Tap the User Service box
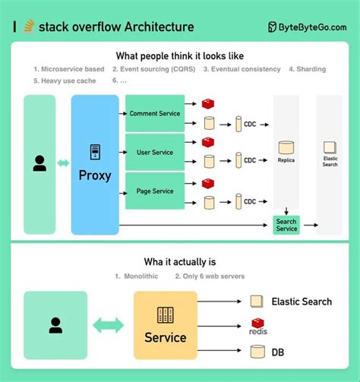click(154, 153)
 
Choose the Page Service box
click(154, 191)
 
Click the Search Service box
click(286, 225)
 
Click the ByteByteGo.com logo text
click(312, 27)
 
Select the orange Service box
click(165, 325)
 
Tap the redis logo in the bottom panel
click(258, 327)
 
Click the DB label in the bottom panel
click(279, 352)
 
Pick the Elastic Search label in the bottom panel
click(302, 301)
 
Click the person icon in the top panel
click(39, 163)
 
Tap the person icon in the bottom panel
click(55, 325)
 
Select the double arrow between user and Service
click(109, 325)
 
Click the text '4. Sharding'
click(307, 69)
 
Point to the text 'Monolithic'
click(141, 276)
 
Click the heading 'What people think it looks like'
click(179, 55)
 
